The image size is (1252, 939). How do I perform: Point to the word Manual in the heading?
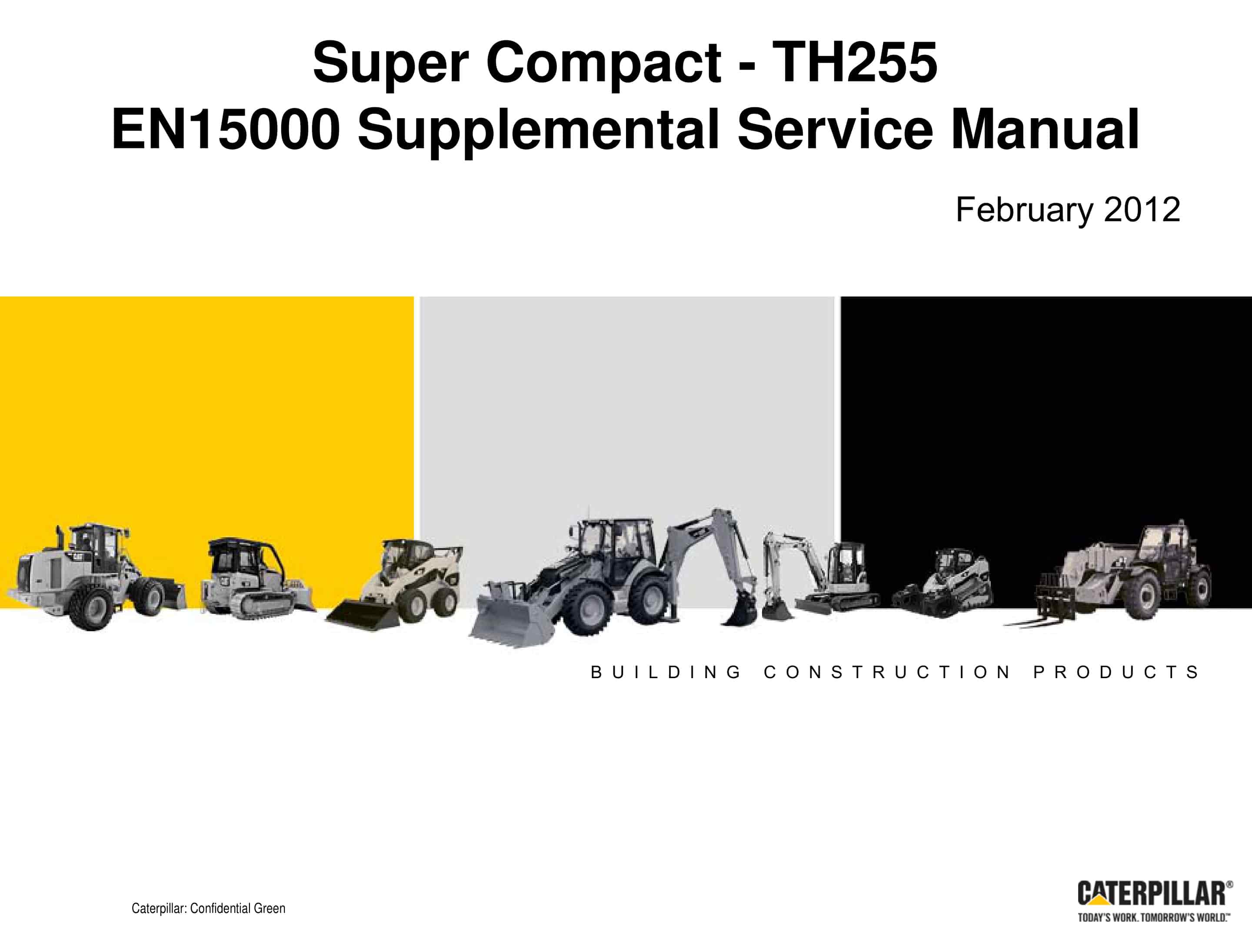1046,130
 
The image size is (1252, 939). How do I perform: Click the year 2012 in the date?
1142,210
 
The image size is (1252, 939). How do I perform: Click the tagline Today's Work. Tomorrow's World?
1153,918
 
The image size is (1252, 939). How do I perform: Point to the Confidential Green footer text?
208,909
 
